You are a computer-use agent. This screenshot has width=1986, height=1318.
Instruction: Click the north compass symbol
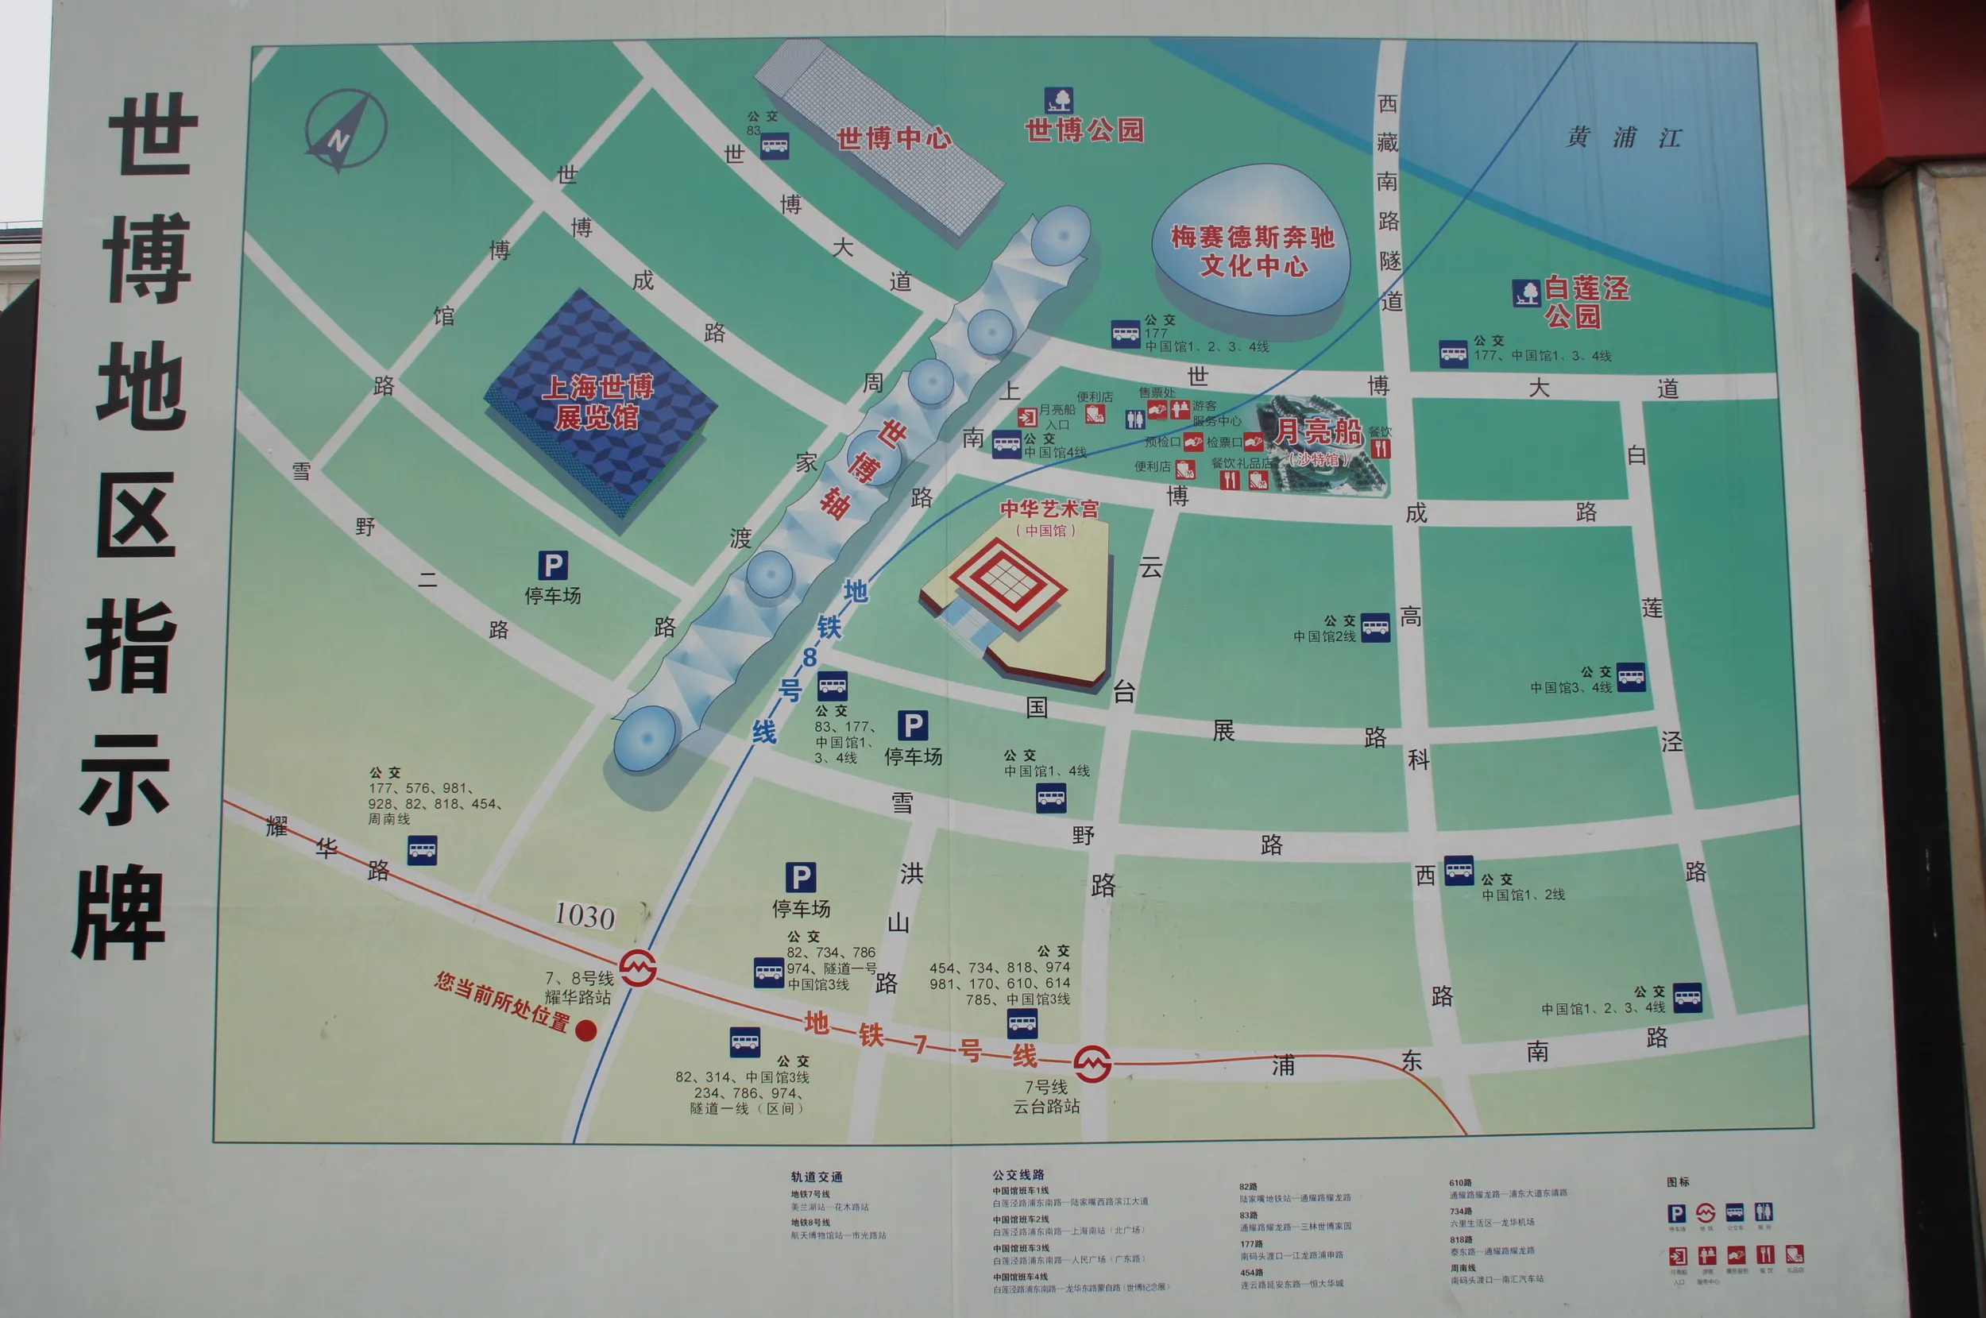tap(346, 131)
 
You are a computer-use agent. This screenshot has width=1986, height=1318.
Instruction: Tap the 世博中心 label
tap(894, 138)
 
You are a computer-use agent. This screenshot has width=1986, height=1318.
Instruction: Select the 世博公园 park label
tap(1084, 129)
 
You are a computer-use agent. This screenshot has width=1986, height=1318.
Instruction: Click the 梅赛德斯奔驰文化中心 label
tap(1252, 251)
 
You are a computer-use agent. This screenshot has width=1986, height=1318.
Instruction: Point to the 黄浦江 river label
tap(1624, 137)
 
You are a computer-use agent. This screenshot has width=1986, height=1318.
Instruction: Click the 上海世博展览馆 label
tap(597, 402)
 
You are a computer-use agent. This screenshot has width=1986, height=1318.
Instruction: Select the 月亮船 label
tap(1318, 432)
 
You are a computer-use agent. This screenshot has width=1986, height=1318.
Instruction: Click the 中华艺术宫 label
tap(1048, 509)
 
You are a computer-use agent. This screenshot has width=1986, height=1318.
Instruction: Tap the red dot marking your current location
tap(585, 1030)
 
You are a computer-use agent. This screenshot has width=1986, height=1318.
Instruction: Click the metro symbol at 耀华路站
tap(638, 968)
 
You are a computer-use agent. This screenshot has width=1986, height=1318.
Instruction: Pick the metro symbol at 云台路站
tap(1092, 1064)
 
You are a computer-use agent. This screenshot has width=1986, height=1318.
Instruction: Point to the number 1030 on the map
tap(585, 914)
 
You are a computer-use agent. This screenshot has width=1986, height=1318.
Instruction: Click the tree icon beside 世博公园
tap(1058, 100)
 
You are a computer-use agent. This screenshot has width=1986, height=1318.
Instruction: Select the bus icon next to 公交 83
tap(774, 145)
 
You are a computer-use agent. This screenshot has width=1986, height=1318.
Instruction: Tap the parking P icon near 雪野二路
tap(552, 566)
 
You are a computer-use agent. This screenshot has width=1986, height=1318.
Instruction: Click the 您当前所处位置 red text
tap(503, 1000)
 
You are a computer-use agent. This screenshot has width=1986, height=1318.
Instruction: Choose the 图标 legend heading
tap(1678, 1182)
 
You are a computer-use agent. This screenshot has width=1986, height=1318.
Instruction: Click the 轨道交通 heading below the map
tap(816, 1177)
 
